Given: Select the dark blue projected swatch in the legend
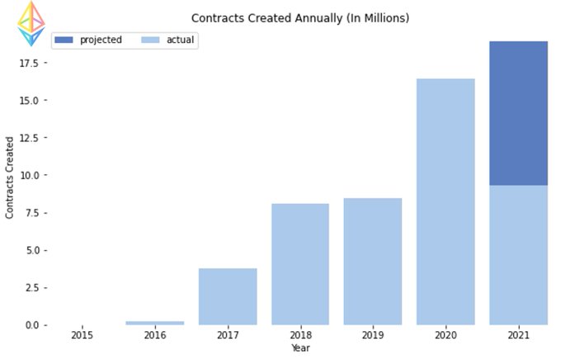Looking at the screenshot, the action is [64, 40].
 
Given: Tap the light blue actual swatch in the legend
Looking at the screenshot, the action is [150, 40].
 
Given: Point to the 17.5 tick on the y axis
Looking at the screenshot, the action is [29, 64].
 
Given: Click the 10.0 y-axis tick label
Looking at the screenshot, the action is [29, 176].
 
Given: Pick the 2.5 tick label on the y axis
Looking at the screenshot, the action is [32, 288].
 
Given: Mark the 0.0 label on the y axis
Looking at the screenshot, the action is [32, 325].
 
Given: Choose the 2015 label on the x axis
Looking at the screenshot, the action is [82, 335].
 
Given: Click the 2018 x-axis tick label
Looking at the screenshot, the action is [300, 335].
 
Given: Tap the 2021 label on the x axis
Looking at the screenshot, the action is [518, 335].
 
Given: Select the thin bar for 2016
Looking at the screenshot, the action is [155, 323].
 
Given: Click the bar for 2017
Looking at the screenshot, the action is [228, 296].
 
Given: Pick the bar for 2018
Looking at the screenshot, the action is [300, 264].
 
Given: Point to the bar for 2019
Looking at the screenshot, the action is [373, 262].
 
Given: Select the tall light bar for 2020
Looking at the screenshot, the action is [445, 201].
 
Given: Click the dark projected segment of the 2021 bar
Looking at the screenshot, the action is [518, 113].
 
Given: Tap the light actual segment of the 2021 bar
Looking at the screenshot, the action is [518, 255].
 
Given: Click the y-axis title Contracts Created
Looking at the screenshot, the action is [9, 178].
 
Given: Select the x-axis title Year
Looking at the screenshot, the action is [300, 348].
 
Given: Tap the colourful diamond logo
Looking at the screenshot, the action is [31, 24].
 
